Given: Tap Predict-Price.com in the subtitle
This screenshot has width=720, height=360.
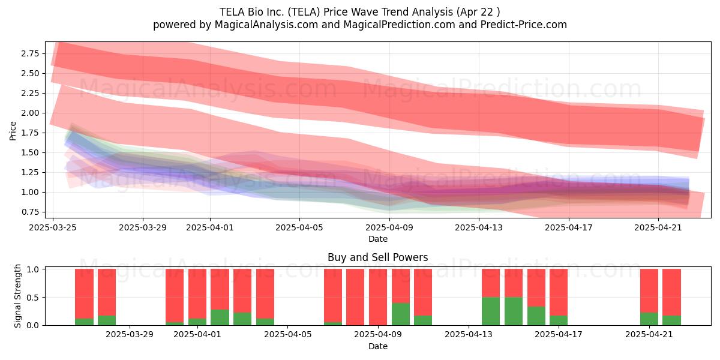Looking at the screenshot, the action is [524, 25].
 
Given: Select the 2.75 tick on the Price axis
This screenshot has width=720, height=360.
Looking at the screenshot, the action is [30, 53].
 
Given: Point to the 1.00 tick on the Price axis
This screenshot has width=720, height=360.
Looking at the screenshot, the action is [30, 192].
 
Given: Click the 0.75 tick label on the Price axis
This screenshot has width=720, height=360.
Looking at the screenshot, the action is [30, 212].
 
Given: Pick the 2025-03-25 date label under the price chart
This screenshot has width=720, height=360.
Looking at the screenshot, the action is [53, 227].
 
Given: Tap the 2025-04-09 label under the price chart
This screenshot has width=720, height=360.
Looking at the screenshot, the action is [389, 227].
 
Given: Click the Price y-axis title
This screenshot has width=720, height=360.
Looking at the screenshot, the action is [13, 131].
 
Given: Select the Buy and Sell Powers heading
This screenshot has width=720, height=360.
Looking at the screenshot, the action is [377, 257].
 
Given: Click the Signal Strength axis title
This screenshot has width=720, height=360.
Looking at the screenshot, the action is [17, 296].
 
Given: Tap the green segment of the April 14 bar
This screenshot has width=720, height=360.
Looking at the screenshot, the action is [491, 311].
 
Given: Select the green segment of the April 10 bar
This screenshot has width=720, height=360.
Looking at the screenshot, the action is [401, 314].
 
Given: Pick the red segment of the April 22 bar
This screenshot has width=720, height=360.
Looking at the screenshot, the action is [671, 292].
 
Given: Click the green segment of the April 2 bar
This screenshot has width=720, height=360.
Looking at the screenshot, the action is [220, 317].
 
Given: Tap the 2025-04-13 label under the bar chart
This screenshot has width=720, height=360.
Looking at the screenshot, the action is [469, 335].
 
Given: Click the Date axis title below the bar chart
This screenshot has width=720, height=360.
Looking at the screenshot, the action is [377, 347].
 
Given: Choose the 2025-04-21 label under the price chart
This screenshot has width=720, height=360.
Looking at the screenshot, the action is [658, 227].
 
